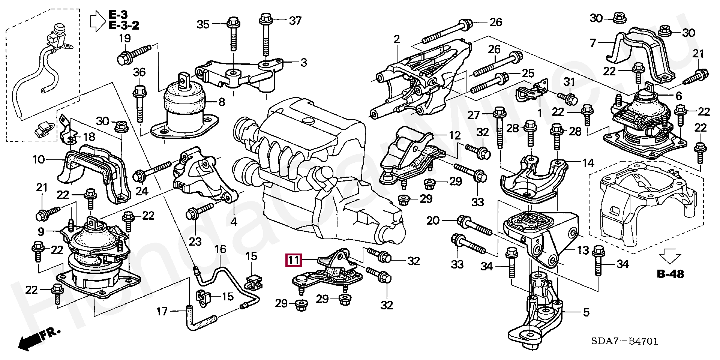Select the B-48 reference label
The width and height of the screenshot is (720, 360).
coord(670,274)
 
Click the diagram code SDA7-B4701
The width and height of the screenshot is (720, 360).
coord(624,341)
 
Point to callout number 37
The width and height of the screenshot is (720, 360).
coord(295,20)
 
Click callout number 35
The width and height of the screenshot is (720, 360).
coord(203,25)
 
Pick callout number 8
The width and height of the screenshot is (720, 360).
coord(222,102)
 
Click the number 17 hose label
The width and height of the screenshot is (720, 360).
coord(162,311)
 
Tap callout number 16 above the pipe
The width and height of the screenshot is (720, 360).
coord(220,249)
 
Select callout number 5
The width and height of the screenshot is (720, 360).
coord(586,312)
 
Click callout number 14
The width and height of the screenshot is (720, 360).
coord(588,163)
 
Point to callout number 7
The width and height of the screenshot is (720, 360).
coord(592,43)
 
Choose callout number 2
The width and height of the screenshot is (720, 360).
coord(397,39)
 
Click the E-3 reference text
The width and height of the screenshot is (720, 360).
coord(118,15)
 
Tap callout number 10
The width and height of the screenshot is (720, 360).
coord(39,160)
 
